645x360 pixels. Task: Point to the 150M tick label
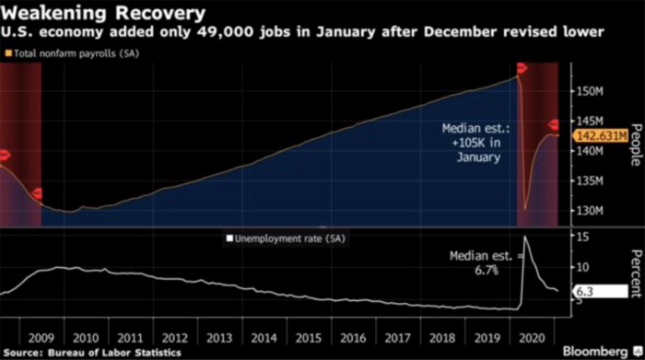tap(590, 92)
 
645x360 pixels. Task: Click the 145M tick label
tap(590, 122)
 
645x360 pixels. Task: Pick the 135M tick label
tap(590, 181)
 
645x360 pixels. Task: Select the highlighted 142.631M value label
tap(601, 136)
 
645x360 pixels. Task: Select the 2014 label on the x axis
tap(264, 337)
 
